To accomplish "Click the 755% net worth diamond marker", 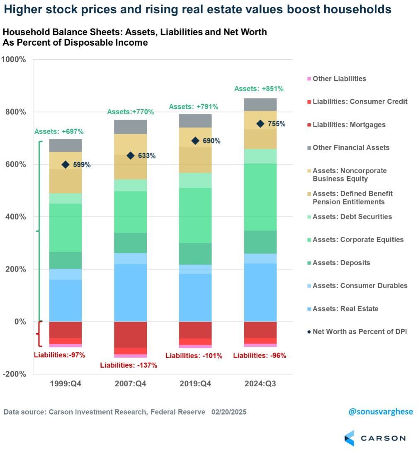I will (x=260, y=124).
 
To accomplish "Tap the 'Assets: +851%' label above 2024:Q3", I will (x=259, y=88).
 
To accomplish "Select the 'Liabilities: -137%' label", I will (x=130, y=365).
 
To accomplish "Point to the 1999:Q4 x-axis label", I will (x=65, y=383).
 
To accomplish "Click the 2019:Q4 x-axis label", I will (x=195, y=383).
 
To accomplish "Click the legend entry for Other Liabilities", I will (x=339, y=78).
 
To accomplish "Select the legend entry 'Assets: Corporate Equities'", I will (x=358, y=240).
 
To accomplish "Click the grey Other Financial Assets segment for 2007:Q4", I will (x=130, y=127).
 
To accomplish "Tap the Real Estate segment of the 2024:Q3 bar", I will (x=260, y=292).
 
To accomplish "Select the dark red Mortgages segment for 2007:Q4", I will (x=130, y=335).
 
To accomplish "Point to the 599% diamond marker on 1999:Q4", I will (x=65, y=165).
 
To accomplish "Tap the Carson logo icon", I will (x=349, y=438).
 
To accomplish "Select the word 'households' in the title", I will (x=359, y=10).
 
